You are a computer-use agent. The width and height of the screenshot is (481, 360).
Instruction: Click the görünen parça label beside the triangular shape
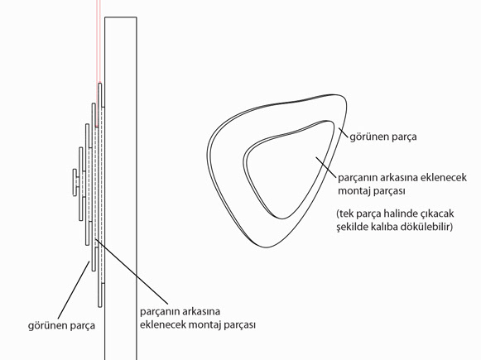(383, 137)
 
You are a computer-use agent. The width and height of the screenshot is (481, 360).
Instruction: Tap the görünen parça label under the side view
(61, 325)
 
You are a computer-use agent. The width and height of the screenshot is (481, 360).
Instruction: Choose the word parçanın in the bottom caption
(160, 311)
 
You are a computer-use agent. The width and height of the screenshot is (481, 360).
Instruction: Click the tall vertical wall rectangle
(121, 189)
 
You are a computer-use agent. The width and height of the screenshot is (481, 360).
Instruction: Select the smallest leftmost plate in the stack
(75, 182)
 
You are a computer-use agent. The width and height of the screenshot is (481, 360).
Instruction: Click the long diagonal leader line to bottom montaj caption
(132, 271)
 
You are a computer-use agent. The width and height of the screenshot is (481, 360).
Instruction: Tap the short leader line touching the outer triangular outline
(344, 134)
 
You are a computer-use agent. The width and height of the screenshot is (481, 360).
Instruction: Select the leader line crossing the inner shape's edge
(326, 167)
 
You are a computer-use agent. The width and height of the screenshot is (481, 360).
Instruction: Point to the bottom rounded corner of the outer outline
(267, 247)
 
